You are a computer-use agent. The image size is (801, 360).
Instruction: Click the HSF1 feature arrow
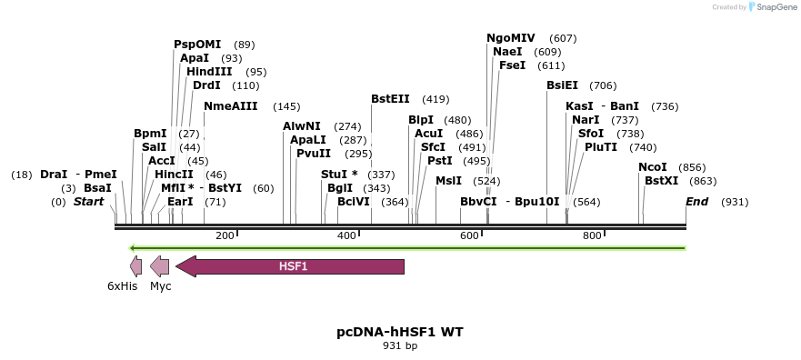tap(291, 266)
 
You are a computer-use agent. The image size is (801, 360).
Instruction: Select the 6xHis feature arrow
tap(136, 266)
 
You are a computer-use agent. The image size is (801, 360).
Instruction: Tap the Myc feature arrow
tap(160, 266)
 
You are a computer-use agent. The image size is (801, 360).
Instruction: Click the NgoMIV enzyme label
tap(511, 38)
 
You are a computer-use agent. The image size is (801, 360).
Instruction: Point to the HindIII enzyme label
tap(209, 72)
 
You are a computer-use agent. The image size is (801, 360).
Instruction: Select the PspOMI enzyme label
tap(200, 45)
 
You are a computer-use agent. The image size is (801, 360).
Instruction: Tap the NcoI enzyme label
tap(653, 167)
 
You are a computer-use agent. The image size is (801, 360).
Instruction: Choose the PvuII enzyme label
tap(314, 154)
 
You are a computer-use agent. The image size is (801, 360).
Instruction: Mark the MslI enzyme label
tap(448, 181)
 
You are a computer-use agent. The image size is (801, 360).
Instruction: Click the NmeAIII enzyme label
tap(231, 106)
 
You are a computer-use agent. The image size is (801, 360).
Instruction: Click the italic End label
tap(696, 202)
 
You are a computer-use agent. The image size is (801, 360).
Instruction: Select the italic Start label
tap(88, 202)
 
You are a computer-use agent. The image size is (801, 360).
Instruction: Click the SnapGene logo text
tap(774, 7)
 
